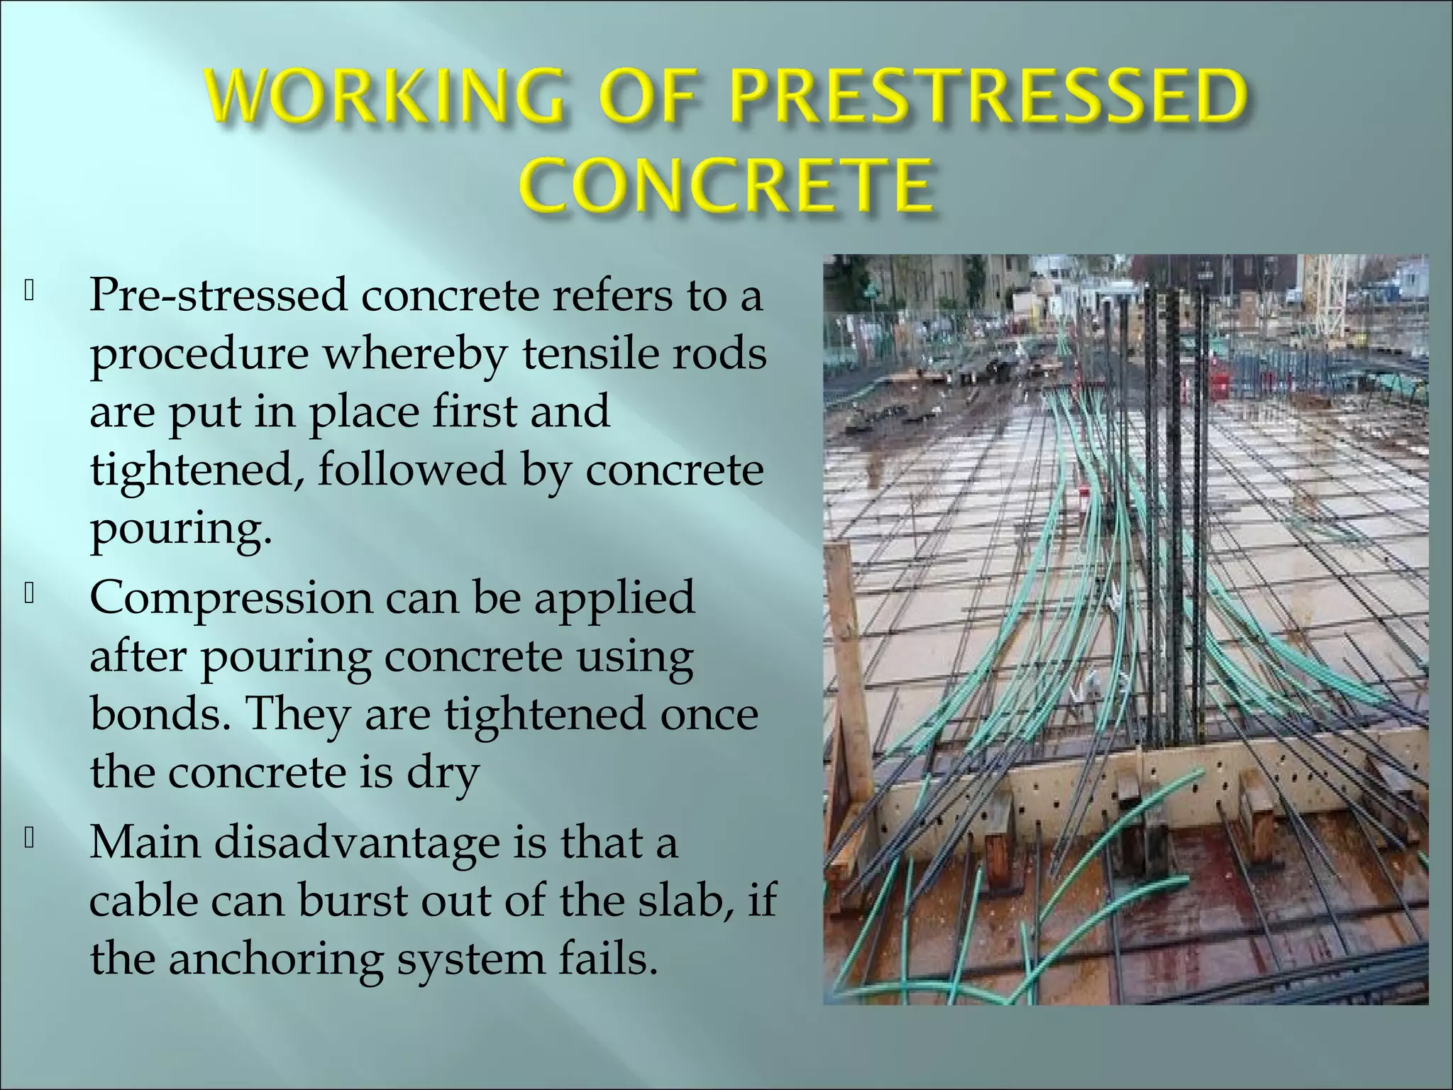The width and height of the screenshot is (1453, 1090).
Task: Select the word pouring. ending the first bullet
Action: point(181,529)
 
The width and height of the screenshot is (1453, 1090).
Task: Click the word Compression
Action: point(231,598)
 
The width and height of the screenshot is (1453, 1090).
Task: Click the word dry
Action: point(443,774)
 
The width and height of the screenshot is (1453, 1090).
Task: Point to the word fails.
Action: point(609,959)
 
